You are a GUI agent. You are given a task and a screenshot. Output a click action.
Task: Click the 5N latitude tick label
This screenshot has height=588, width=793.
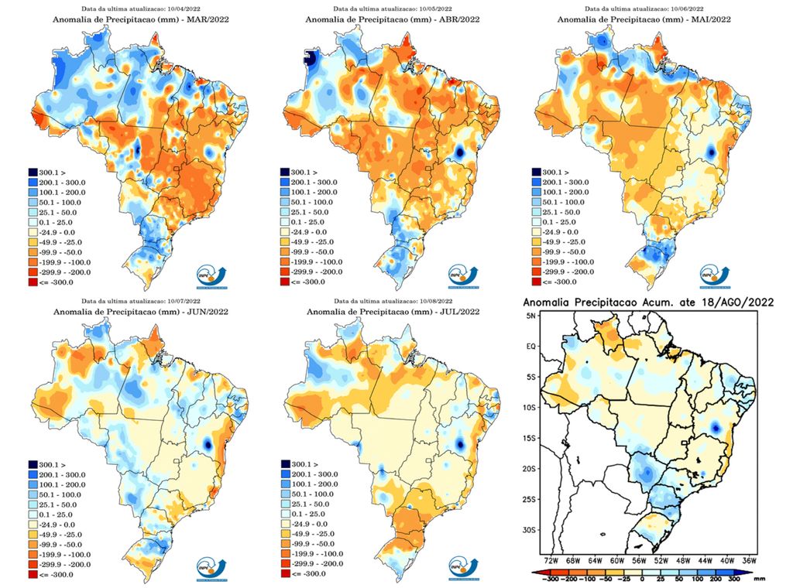tap(532, 317)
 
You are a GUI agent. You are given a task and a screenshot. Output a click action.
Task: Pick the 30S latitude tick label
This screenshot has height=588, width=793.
tap(530, 530)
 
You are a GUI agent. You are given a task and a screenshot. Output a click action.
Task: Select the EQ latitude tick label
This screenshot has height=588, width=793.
tap(532, 347)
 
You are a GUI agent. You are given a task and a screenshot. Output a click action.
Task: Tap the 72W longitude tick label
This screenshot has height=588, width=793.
tap(551, 559)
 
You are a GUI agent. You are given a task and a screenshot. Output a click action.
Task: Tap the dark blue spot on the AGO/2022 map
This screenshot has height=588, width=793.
tap(716, 426)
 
